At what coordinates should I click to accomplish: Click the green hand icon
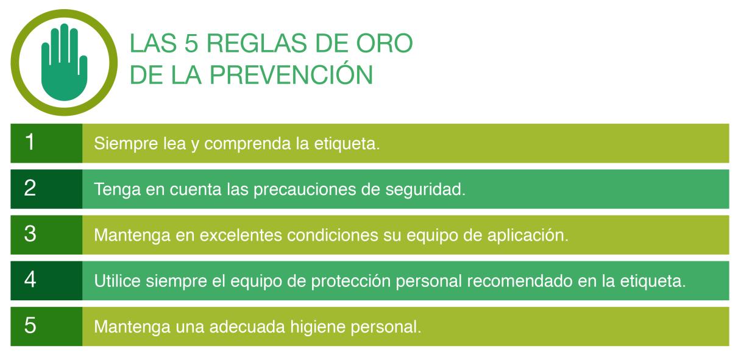64,63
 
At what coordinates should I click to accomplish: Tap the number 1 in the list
30,142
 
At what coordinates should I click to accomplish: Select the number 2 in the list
30,188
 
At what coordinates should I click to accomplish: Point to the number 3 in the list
30,234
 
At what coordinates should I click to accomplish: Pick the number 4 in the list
30,280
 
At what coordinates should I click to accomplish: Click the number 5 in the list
30,325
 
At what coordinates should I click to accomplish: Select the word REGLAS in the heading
257,43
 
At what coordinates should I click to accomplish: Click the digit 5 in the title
191,43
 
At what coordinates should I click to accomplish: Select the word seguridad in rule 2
425,190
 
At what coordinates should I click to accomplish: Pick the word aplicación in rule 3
528,235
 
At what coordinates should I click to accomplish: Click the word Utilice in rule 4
118,281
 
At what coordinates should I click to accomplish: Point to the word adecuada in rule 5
247,327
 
